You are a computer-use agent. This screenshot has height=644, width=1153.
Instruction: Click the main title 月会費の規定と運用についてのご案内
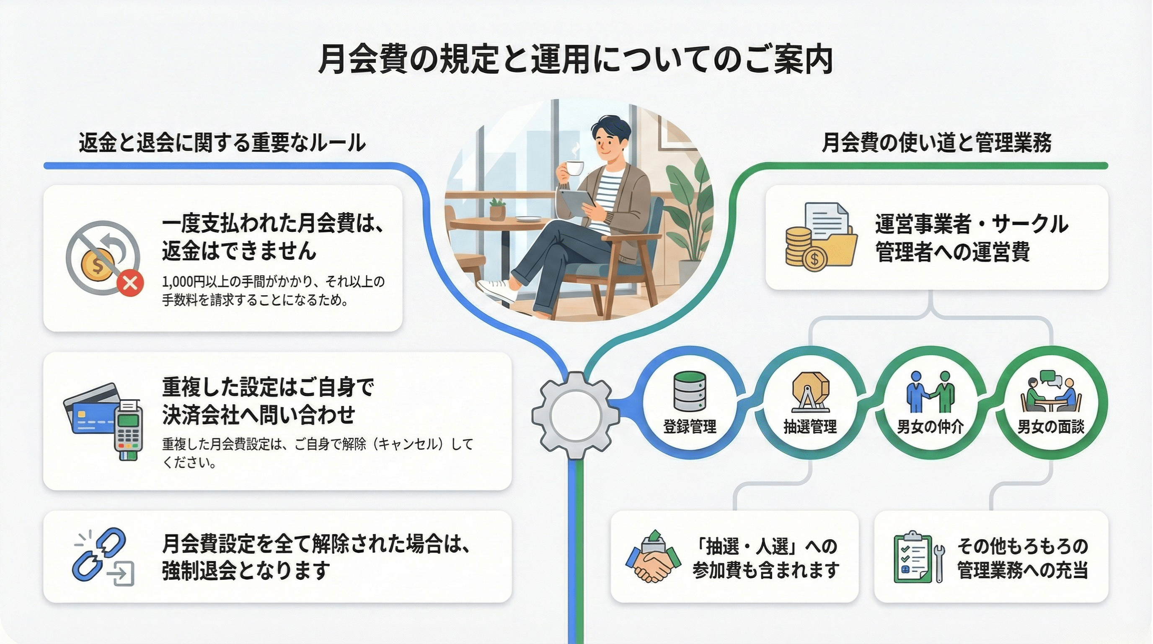pyautogui.click(x=576, y=60)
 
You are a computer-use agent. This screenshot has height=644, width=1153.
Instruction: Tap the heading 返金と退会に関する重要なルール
pyautogui.click(x=222, y=143)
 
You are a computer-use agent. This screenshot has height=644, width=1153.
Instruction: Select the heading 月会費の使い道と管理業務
pyautogui.click(x=936, y=143)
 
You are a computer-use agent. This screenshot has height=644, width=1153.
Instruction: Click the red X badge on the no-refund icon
pyautogui.click(x=130, y=283)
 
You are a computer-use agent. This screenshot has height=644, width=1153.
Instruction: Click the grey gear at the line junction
pyautogui.click(x=576, y=415)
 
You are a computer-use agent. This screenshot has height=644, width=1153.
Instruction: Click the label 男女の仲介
pyautogui.click(x=930, y=427)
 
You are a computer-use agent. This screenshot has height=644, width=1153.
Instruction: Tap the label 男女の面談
pyautogui.click(x=1051, y=427)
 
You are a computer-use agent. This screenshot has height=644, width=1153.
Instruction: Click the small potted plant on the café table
pyautogui.click(x=497, y=209)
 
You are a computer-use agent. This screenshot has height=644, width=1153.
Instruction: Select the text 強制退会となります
pyautogui.click(x=246, y=571)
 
